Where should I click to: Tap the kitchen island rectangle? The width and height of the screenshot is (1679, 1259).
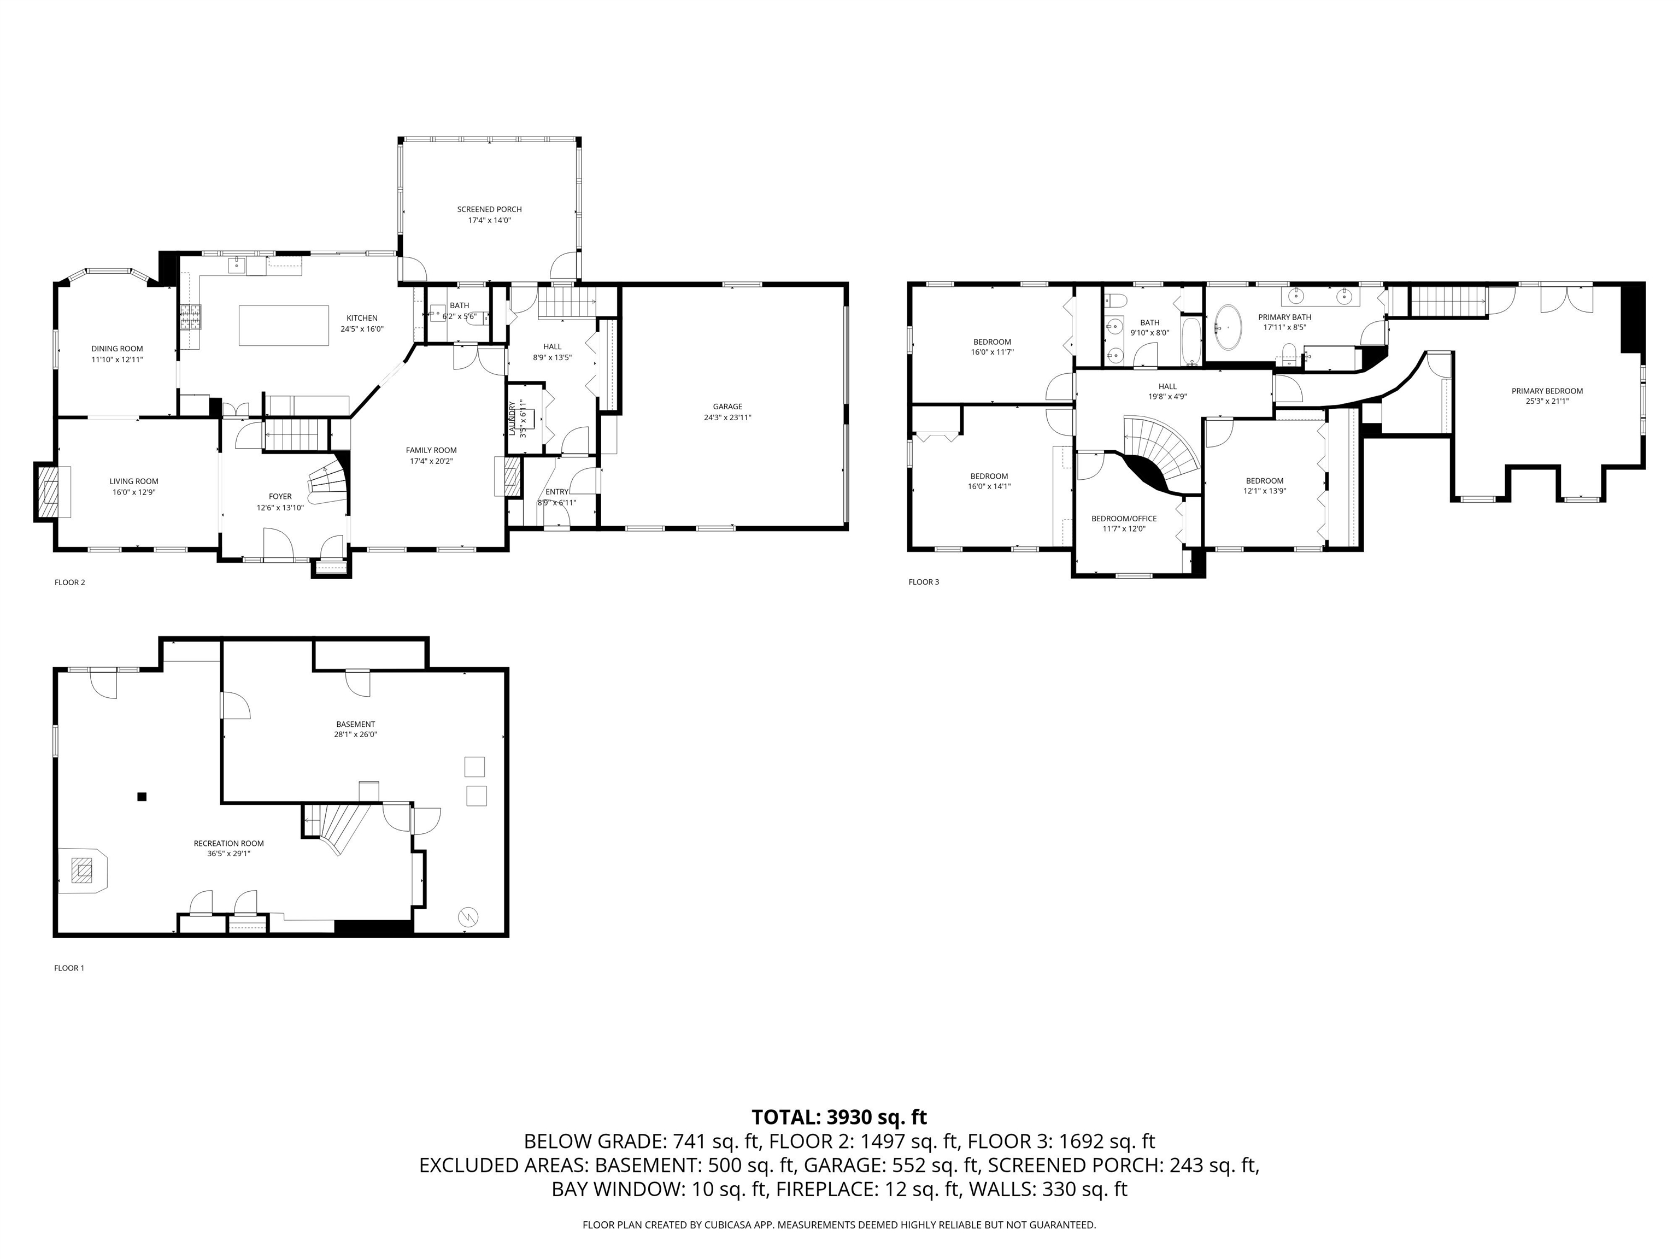tap(283, 325)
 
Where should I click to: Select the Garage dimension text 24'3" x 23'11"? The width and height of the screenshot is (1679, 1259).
tap(727, 417)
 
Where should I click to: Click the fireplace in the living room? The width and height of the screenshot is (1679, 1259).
tap(51, 492)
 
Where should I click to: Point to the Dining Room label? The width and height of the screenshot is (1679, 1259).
tap(117, 349)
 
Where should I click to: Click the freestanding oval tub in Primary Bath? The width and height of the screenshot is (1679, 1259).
tap(1228, 328)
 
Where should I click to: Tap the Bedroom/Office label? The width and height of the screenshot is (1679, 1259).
tap(1124, 519)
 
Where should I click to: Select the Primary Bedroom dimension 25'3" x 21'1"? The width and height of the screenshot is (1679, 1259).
tap(1547, 402)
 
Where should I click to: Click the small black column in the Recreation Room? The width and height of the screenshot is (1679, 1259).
tap(141, 796)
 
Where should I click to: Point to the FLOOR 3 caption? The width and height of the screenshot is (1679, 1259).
tap(924, 582)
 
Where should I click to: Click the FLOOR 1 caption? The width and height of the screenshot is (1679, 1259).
tap(69, 968)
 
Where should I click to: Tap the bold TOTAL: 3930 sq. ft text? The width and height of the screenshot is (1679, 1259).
tap(839, 1117)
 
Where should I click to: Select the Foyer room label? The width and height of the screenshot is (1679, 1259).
tap(280, 496)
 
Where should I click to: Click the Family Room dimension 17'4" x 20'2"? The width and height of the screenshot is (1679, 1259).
tap(431, 461)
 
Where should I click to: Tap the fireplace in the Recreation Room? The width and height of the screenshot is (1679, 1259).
tap(82, 870)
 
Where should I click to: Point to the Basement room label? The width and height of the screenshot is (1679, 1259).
tap(355, 724)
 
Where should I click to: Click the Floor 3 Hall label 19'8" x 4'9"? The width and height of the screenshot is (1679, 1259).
tap(1167, 396)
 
